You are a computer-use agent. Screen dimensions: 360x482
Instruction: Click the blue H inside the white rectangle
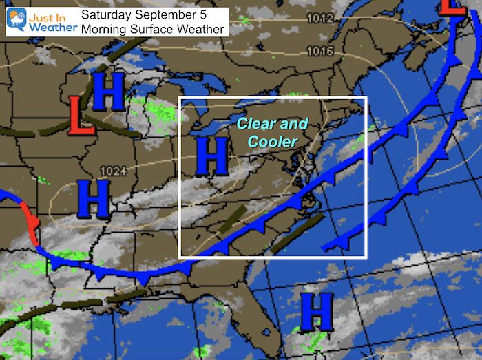click(x=211, y=156)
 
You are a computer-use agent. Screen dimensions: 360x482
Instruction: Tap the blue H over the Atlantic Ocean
click(x=317, y=311)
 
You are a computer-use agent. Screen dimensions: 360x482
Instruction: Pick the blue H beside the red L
click(x=109, y=92)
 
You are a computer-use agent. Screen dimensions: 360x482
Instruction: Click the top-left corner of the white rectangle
click(x=179, y=97)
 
